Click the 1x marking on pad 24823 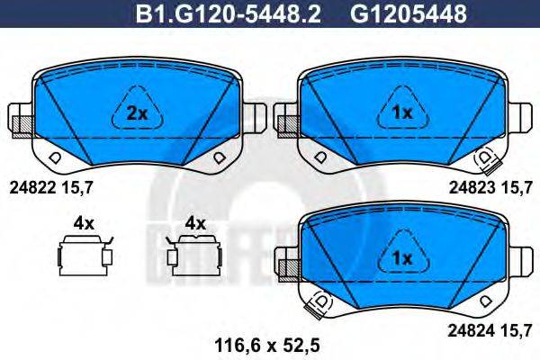pyautogui.click(x=401, y=113)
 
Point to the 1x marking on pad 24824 pyautogui.click(x=401, y=258)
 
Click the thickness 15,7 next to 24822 pyautogui.click(x=77, y=187)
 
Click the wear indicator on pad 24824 pyautogui.click(x=318, y=306)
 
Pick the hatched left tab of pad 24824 pyautogui.click(x=288, y=266)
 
